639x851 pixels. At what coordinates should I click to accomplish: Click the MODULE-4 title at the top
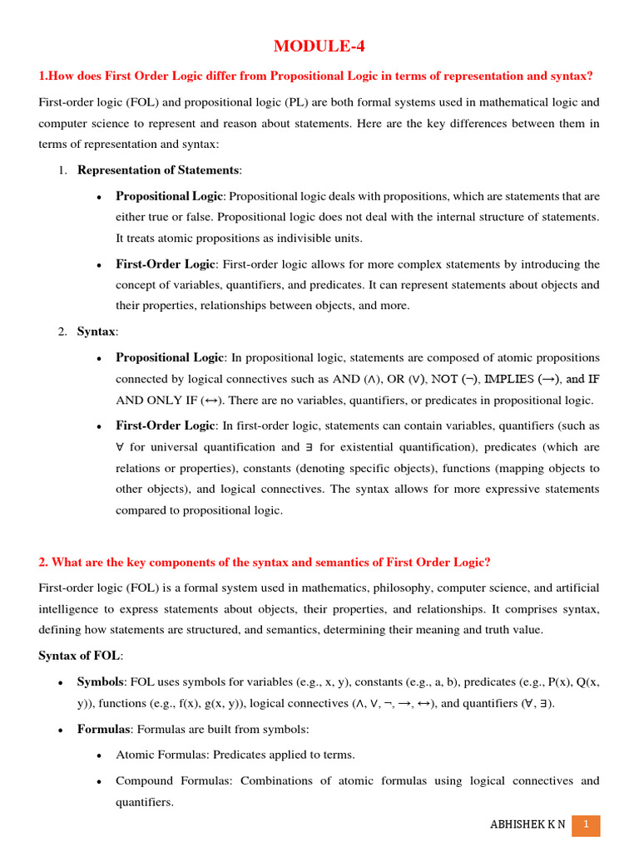(319, 46)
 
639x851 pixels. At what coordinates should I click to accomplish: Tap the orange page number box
(586, 824)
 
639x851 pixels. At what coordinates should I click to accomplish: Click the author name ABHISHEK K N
(527, 824)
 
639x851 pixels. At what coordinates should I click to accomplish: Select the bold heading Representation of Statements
(158, 170)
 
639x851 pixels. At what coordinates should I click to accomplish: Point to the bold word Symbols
(100, 681)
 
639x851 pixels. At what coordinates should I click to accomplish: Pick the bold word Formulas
(103, 729)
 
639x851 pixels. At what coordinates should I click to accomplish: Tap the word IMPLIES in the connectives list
(508, 379)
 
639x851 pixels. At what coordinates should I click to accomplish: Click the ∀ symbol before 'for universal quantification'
(120, 447)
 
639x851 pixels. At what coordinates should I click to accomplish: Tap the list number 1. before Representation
(62, 170)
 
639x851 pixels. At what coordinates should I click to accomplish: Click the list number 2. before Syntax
(62, 332)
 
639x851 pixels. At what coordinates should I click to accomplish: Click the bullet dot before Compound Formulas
(99, 781)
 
